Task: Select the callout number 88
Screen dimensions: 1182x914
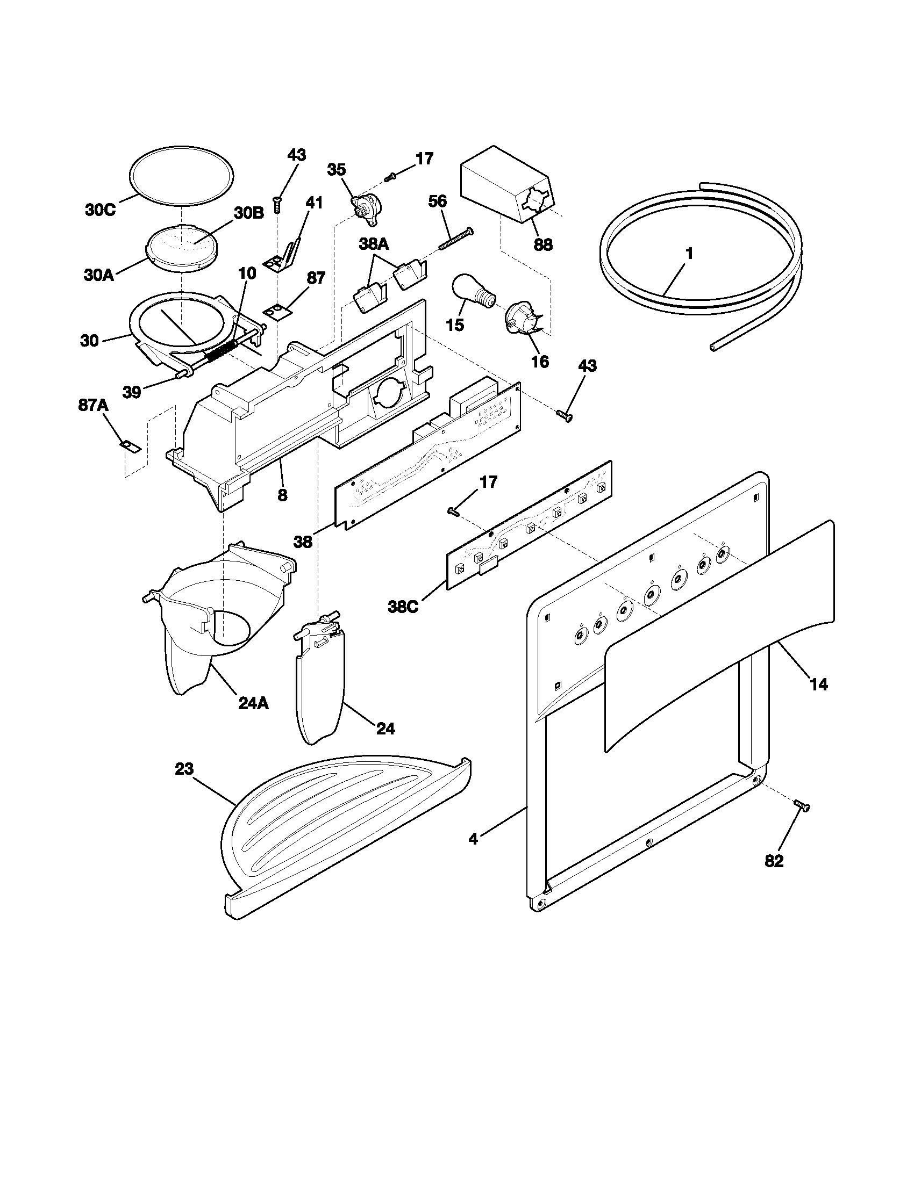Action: click(x=542, y=244)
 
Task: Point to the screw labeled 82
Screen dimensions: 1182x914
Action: click(x=802, y=821)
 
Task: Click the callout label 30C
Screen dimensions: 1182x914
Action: click(x=100, y=210)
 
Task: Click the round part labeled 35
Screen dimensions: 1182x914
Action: click(x=363, y=209)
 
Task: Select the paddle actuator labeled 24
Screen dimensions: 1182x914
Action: click(x=319, y=687)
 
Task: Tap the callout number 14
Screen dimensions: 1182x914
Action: click(x=819, y=684)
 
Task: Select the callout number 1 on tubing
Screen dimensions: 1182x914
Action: click(x=689, y=253)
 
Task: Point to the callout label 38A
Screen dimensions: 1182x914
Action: click(x=374, y=244)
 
